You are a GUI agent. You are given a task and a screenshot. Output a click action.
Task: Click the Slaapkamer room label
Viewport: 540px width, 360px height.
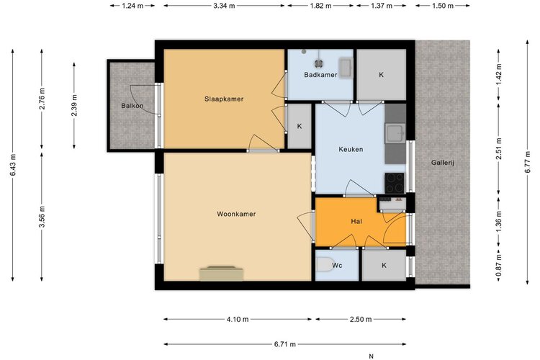[x=224, y=99]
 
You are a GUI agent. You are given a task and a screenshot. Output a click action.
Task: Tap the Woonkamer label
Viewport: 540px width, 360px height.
[x=236, y=214]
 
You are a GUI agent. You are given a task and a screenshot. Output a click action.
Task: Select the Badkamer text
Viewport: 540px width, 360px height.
[x=320, y=75]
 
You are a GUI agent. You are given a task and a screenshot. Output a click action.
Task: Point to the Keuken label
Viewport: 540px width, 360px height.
[x=351, y=149]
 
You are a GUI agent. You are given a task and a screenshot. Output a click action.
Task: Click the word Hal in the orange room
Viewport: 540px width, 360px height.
[x=356, y=222]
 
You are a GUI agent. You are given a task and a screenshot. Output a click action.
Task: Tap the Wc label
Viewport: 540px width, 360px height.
[x=337, y=265]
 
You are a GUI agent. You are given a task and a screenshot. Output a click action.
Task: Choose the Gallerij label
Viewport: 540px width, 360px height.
[x=443, y=163]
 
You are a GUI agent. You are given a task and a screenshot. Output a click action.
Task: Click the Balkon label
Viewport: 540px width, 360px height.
[x=132, y=106]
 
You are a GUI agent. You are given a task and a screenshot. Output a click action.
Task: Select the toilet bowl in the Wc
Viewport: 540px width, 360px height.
[x=325, y=265]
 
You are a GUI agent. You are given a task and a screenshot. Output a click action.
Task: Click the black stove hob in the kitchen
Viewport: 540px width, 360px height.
[x=395, y=183]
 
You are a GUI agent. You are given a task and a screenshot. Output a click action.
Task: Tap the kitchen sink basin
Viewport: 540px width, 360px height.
[x=395, y=134]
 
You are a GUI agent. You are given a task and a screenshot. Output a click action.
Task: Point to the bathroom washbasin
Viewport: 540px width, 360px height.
[x=345, y=68]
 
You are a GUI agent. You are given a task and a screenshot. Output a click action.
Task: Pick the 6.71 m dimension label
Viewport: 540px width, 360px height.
[x=285, y=344]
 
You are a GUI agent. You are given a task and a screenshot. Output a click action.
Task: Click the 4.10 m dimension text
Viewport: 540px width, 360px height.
[x=238, y=320]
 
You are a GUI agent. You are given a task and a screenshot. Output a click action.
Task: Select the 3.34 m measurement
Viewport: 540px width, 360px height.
[x=223, y=6]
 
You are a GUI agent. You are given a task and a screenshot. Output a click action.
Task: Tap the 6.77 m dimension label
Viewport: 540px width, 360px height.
[x=527, y=163]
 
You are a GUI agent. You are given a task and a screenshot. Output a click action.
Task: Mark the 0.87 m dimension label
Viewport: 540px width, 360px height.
[x=498, y=266]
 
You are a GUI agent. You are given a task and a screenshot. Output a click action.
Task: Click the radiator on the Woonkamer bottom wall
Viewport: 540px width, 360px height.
[x=221, y=273]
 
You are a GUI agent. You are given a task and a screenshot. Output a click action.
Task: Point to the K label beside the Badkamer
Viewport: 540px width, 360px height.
[x=381, y=75]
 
